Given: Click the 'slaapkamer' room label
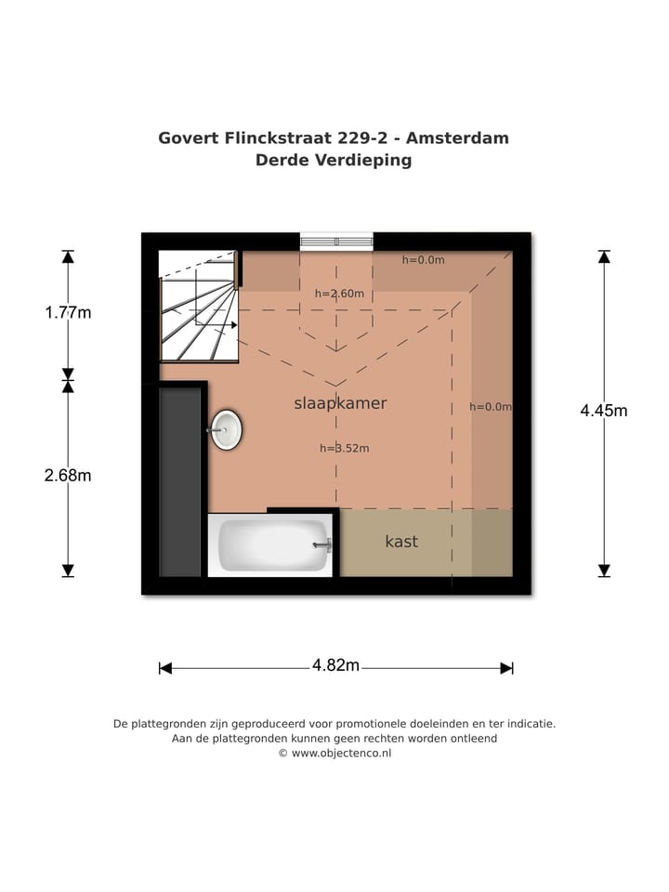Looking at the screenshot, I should (340, 403).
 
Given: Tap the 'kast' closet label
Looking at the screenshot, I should (401, 542).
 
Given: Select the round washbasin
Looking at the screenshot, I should (226, 430).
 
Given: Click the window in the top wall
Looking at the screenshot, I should (336, 242).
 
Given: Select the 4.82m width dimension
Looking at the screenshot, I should (335, 665).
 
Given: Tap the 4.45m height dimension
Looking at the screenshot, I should (604, 410).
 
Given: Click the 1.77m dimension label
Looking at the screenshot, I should (68, 313).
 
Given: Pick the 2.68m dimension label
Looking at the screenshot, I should (68, 476).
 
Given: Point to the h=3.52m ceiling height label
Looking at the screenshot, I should (344, 449).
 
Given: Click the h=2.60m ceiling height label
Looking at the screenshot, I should (339, 295).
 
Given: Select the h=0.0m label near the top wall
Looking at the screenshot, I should (423, 260).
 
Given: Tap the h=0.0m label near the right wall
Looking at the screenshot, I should (490, 407).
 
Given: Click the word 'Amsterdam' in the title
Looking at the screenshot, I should (456, 138).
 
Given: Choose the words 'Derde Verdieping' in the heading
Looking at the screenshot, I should (334, 160).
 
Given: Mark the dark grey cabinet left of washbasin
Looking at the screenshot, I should (180, 482).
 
